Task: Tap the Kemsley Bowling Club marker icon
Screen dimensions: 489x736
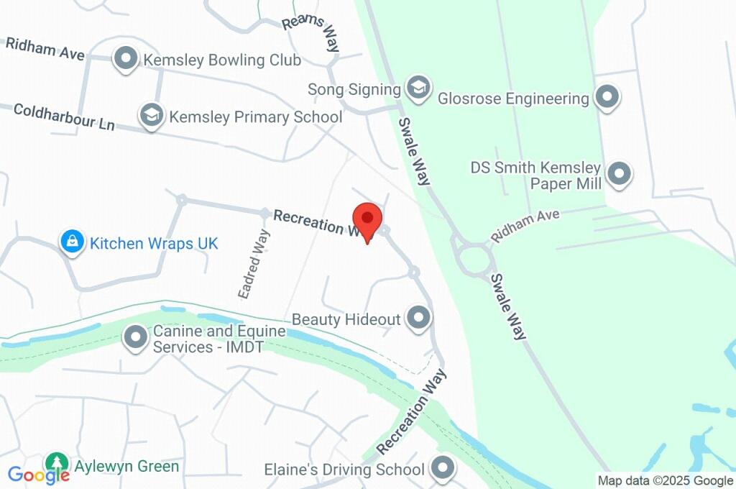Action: (126, 60)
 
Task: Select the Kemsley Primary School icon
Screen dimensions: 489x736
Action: (151, 116)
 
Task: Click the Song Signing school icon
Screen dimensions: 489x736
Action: (417, 89)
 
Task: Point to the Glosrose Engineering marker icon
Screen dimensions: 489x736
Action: (608, 98)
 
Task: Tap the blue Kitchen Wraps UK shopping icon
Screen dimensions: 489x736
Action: (73, 243)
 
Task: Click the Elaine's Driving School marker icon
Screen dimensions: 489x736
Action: (442, 470)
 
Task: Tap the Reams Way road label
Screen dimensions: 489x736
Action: (311, 33)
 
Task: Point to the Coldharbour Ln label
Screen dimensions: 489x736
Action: (64, 116)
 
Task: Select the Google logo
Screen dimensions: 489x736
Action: (39, 475)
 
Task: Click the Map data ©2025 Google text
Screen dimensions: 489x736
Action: (665, 480)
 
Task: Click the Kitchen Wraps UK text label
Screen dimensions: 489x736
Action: (154, 243)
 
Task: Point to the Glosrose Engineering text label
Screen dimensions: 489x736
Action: (514, 98)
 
